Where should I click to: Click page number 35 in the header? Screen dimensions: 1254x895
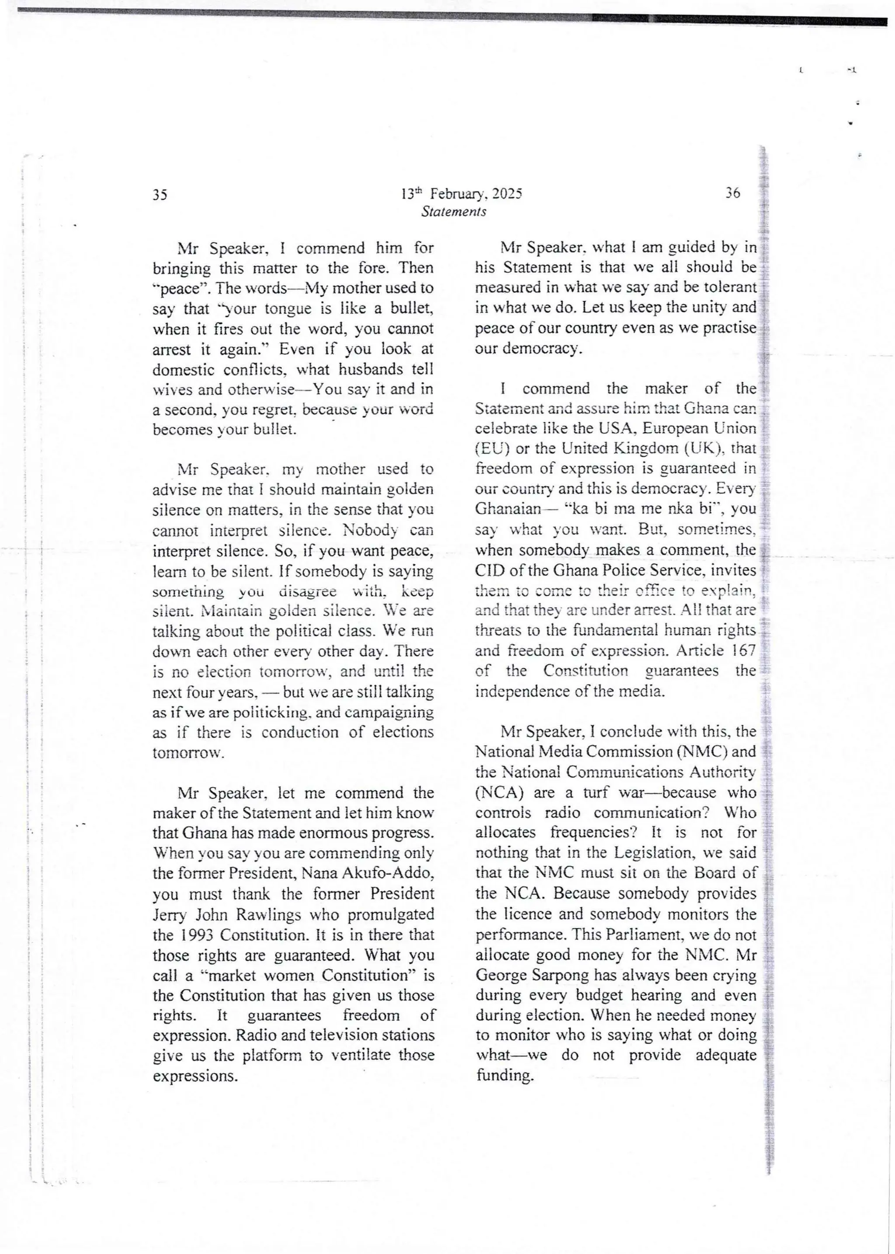(160, 195)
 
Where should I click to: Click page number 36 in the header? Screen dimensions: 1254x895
(732, 193)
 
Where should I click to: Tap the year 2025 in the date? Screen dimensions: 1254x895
(507, 194)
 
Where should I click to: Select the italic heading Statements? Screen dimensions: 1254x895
(454, 212)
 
